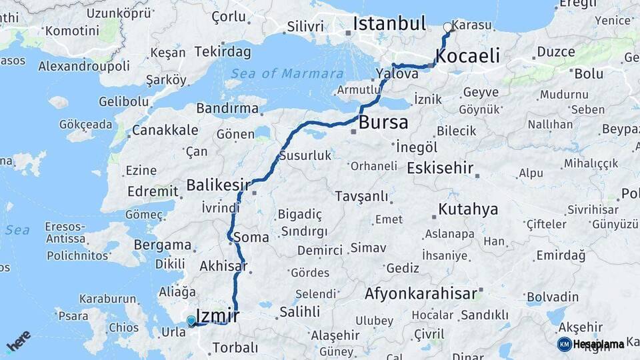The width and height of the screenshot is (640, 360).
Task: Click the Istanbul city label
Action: [x=389, y=24]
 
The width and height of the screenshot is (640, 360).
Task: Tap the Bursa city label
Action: [x=383, y=123]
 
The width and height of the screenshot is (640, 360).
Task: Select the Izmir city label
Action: [x=218, y=314]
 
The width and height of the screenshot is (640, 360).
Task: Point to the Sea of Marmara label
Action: [x=287, y=74]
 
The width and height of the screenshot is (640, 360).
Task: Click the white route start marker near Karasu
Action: [x=447, y=27]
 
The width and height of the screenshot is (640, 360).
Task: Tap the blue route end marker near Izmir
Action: [x=191, y=321]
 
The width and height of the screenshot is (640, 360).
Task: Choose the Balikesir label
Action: [x=218, y=184]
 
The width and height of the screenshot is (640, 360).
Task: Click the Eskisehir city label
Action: [x=440, y=167]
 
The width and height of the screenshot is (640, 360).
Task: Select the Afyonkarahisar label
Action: [x=421, y=293]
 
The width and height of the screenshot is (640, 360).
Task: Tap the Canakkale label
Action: [x=165, y=130]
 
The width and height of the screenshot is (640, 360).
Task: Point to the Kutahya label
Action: [x=468, y=209]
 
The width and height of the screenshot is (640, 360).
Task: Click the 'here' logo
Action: [x=18, y=341]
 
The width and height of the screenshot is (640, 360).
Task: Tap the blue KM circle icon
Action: [x=564, y=344]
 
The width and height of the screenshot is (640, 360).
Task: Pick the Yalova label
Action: [x=397, y=74]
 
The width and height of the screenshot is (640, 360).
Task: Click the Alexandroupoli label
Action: [x=84, y=66]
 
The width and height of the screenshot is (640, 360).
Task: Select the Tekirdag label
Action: [x=223, y=52]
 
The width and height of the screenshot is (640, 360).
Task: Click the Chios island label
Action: [x=123, y=327]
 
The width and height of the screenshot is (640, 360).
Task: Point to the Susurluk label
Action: [x=305, y=155]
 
